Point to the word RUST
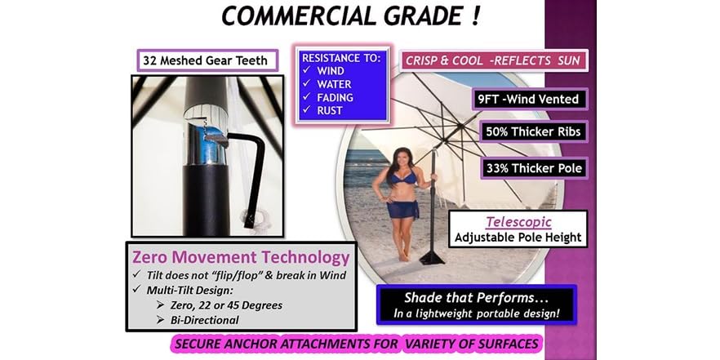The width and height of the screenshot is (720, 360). [329, 110]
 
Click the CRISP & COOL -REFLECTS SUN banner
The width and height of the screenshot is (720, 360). [494, 60]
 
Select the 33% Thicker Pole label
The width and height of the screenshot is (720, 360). [538, 169]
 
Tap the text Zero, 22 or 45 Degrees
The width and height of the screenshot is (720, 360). [227, 304]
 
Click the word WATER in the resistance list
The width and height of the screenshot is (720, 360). [334, 83]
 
